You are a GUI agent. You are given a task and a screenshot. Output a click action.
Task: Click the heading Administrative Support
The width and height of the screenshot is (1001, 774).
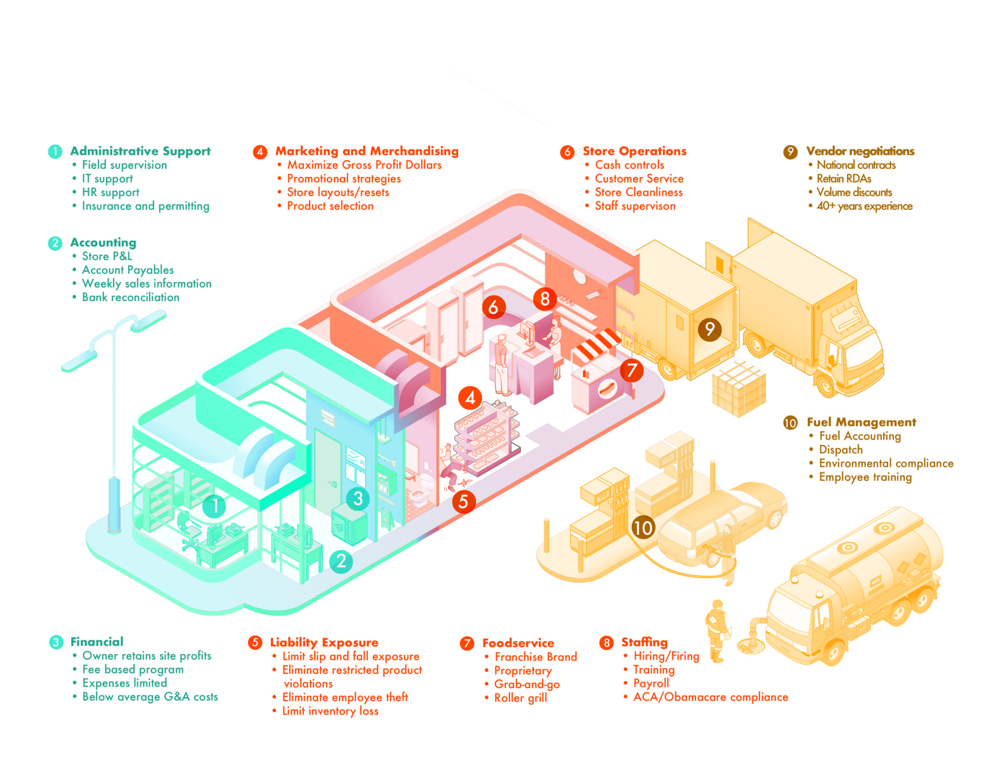click(x=140, y=151)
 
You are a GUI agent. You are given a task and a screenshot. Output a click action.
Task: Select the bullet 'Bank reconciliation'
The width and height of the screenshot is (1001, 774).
click(x=131, y=297)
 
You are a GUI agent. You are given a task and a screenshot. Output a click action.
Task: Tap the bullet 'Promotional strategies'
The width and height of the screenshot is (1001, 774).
click(x=344, y=179)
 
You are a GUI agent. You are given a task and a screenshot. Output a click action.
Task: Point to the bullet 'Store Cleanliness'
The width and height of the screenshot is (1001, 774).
click(x=638, y=193)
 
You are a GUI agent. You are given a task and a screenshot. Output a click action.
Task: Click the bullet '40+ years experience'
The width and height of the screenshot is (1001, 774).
click(x=864, y=206)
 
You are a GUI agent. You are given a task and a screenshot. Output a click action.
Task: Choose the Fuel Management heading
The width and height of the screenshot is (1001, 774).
click(x=861, y=422)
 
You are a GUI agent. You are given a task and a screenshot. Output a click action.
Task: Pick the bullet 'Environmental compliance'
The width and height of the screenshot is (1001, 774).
click(x=886, y=464)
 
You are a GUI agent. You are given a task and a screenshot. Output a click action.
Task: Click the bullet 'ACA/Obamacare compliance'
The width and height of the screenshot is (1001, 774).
click(x=710, y=697)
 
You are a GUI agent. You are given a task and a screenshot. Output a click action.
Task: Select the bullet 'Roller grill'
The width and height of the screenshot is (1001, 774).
click(x=521, y=698)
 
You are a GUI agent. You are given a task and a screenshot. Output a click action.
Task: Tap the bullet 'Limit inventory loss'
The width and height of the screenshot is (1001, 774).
click(x=330, y=711)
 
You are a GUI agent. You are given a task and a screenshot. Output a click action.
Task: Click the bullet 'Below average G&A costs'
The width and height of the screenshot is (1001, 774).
click(x=150, y=697)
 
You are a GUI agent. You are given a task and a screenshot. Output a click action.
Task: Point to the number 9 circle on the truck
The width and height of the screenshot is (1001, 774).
click(x=710, y=329)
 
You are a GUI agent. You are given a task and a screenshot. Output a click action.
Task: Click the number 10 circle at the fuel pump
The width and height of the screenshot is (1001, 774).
click(x=643, y=528)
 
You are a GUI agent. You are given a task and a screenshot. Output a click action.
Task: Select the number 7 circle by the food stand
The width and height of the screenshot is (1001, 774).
click(x=631, y=370)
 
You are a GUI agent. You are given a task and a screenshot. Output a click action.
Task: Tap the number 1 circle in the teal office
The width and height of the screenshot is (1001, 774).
click(x=214, y=506)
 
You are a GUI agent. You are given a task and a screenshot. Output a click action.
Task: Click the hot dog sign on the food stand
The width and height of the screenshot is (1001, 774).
click(x=607, y=389)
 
